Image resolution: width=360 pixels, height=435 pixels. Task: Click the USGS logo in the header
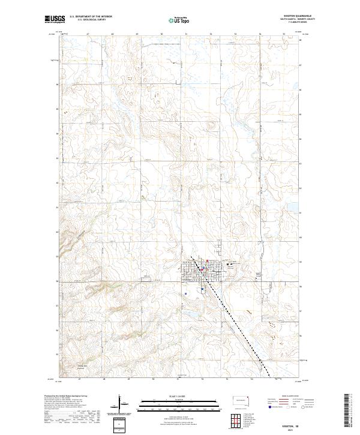pos(55,19)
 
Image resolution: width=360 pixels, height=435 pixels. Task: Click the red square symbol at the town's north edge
pos(208,260)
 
